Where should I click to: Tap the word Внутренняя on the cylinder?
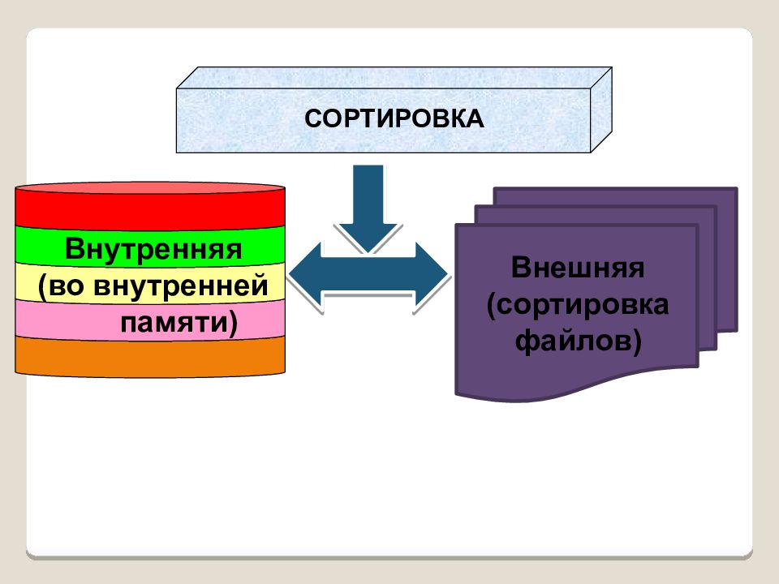pyautogui.click(x=154, y=247)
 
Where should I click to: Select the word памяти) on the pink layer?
pyautogui.click(x=179, y=323)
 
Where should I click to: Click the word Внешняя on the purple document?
pyautogui.click(x=578, y=268)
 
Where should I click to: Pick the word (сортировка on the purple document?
pyautogui.click(x=578, y=305)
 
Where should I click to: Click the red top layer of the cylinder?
pyautogui.click(x=150, y=208)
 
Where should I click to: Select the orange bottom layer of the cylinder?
pyautogui.click(x=150, y=357)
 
